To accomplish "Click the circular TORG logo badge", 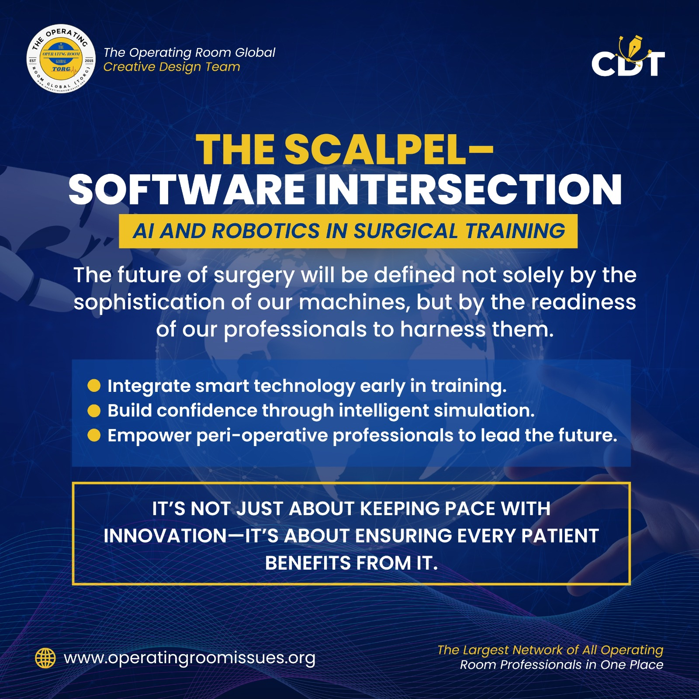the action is pos(61,59).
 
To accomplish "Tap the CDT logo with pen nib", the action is pos(628,56).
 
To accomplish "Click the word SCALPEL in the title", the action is pos(375,149).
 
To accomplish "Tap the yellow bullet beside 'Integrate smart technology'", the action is pos(94,386).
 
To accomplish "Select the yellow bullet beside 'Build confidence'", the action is pos(94,411).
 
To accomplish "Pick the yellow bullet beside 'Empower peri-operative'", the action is pos(94,435).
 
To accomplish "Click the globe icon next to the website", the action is pos(45,658).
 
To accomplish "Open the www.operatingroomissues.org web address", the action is pos(190,658).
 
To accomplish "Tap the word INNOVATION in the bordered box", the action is pos(166,536).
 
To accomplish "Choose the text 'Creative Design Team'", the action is pos(172,67).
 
